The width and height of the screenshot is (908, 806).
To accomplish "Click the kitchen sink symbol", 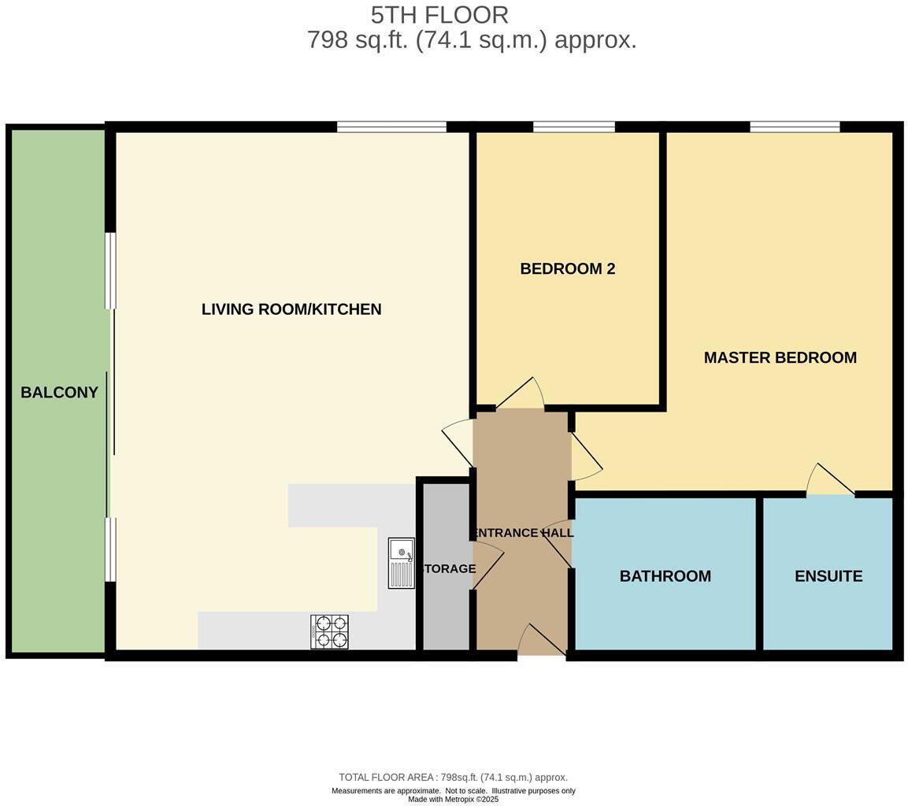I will click(401, 563).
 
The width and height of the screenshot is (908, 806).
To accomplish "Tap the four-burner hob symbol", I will click(330, 631).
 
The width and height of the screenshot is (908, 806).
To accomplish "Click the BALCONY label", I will click(59, 392).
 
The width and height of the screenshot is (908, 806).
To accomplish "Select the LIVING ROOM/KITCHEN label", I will click(291, 309).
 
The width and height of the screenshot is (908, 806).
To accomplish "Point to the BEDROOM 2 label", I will click(567, 268).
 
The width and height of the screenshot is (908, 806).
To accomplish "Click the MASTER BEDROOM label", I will click(780, 357).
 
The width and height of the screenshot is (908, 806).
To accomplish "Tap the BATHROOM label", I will click(665, 576).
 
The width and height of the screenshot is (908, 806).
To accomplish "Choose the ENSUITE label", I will click(828, 576).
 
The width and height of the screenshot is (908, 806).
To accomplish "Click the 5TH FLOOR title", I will click(439, 15).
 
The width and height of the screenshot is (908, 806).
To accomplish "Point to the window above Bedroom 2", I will click(573, 127).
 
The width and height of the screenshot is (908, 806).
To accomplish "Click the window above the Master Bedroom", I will click(795, 127).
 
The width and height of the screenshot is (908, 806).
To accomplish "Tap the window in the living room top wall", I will click(391, 127).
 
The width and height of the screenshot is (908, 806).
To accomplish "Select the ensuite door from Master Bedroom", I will click(832, 481).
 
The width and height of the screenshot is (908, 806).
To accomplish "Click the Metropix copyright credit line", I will click(453, 800).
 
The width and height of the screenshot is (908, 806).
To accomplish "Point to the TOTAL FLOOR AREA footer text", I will click(453, 777).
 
